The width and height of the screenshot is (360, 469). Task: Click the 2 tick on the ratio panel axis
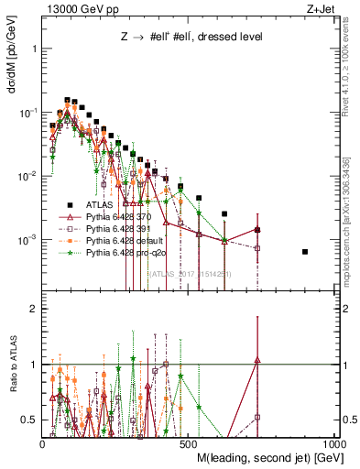[33, 309]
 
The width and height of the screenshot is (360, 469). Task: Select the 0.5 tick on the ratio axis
[29, 420]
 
